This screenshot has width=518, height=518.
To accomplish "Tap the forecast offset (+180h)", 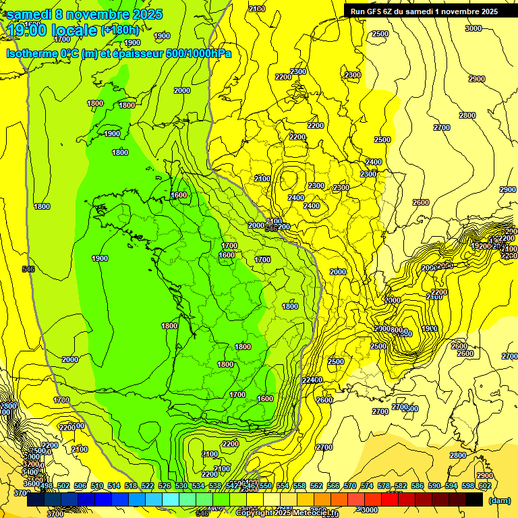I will point(119,30).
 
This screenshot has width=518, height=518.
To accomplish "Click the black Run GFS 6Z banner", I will point(421,11).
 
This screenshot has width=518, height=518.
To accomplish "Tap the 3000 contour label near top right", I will point(473,28).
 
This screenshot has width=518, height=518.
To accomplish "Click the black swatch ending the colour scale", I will point(474,498).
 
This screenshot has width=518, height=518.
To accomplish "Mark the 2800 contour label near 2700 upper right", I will point(467,115).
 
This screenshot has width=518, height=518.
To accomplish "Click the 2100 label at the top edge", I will point(256,8).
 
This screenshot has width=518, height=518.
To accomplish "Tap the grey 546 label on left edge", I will point(28,269).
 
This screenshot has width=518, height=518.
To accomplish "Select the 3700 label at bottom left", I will point(55,514).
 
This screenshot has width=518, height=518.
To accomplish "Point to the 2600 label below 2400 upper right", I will point(421,202).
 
